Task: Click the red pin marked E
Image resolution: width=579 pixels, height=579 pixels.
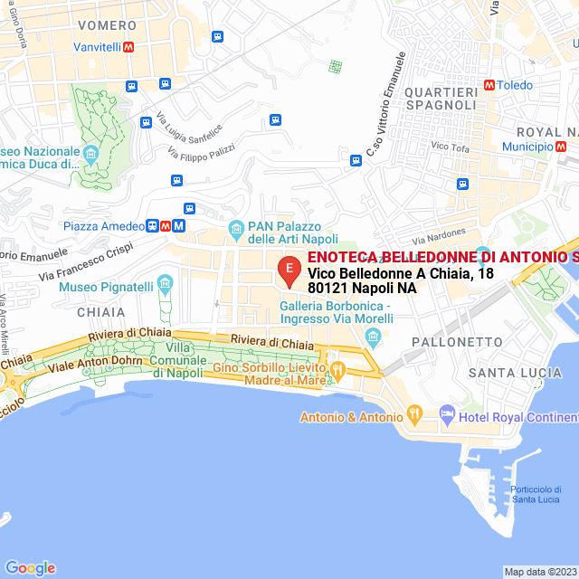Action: click(x=289, y=270)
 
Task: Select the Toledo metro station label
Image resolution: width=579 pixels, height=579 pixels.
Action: click(x=515, y=85)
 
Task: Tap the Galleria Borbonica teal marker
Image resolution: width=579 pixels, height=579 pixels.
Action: click(x=374, y=337)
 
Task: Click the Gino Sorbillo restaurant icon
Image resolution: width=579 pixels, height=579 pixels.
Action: click(x=337, y=368)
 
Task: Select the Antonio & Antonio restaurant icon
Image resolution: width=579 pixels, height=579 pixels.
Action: click(x=415, y=415)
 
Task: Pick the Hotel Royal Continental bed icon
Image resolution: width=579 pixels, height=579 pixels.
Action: click(x=447, y=415)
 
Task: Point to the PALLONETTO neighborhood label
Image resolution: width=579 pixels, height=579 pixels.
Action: click(x=457, y=342)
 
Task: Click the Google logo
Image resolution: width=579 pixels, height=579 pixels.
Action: click(x=30, y=567)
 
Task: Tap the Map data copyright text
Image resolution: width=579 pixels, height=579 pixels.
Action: click(x=540, y=572)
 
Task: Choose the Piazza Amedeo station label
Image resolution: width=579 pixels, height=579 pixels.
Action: click(x=104, y=226)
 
